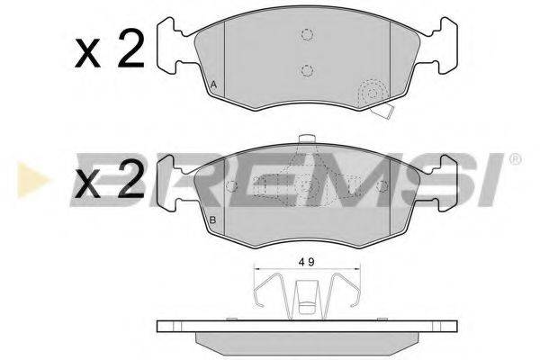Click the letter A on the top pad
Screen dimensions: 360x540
coord(213,85)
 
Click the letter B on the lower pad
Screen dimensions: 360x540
coord(213,221)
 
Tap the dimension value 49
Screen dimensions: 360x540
coord(307,263)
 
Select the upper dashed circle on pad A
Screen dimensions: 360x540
coord(307,36)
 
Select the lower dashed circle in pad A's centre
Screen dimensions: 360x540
coord(307,71)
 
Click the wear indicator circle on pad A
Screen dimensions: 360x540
coord(372,94)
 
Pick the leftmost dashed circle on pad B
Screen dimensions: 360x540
coord(231,186)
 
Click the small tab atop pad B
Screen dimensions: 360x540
coord(307,139)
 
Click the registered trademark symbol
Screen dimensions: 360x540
coord(514,160)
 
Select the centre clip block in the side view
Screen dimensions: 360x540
coord(307,296)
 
